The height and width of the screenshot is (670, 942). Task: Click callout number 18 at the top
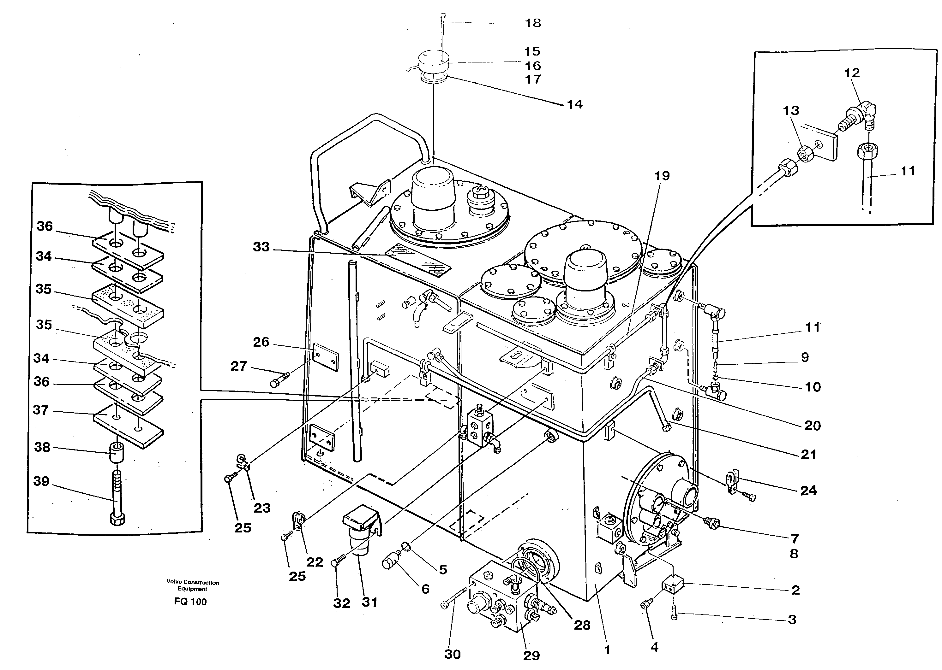pos(533,23)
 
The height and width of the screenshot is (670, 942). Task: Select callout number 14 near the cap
pos(574,104)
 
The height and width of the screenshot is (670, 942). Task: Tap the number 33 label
pos(261,247)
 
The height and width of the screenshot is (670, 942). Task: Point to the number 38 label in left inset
pos(42,447)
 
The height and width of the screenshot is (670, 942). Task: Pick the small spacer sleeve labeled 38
pos(117,454)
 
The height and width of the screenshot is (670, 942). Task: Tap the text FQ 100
pos(190,602)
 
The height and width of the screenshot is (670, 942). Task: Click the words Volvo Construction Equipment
pos(193,585)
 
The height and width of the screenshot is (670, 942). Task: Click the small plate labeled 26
pos(326,356)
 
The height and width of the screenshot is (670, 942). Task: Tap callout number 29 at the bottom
pos(531,655)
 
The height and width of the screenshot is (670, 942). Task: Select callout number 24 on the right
pos(808,491)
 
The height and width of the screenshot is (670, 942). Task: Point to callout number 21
pos(808,455)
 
